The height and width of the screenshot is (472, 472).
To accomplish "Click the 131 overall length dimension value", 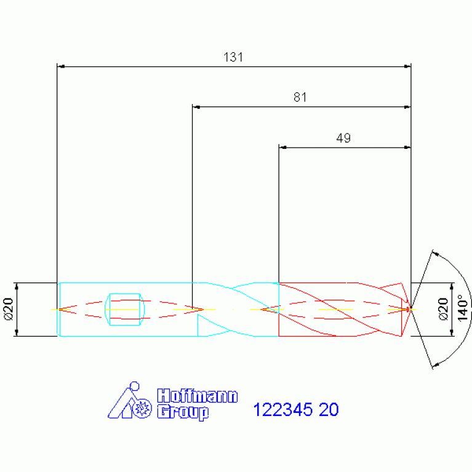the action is tap(233, 57).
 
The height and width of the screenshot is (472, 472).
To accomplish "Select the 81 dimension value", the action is tap(300, 97).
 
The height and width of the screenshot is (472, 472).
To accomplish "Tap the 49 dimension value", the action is tap(343, 138).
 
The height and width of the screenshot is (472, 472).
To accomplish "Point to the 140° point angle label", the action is tap(463, 308).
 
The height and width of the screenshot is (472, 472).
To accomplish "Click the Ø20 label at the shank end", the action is tap(9, 309).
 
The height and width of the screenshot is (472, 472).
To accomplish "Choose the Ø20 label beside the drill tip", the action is tap(443, 309).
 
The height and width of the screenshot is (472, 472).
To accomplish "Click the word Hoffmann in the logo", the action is tap(198, 396).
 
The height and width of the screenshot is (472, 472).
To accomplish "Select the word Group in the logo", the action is tap(183, 412).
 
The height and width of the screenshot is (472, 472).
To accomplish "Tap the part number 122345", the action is tap(282, 410).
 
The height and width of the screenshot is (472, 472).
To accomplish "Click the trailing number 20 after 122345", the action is tap(329, 410).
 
